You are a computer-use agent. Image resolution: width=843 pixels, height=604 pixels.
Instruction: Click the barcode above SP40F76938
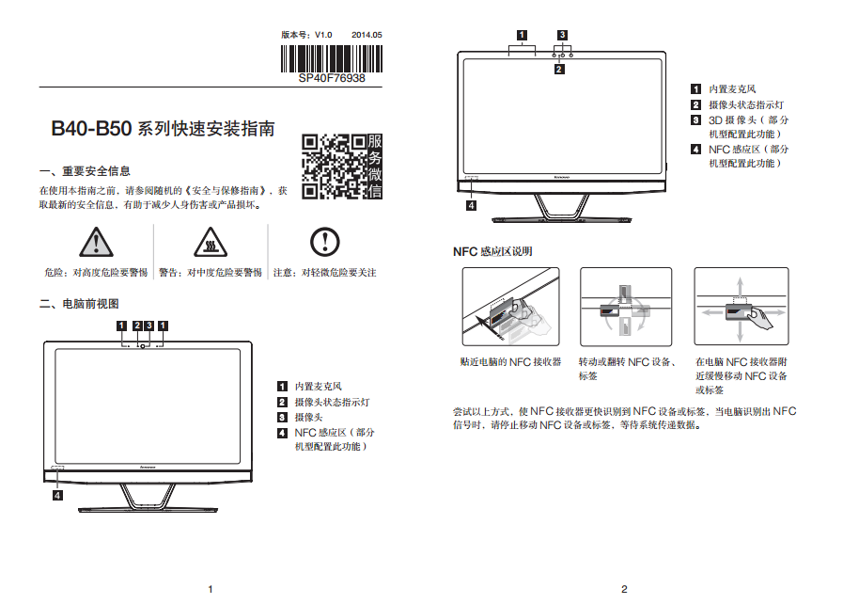tap(331, 58)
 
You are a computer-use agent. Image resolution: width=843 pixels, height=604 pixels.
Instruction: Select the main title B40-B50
tap(91, 129)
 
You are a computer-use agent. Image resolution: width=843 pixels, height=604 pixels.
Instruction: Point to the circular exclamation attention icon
tap(325, 242)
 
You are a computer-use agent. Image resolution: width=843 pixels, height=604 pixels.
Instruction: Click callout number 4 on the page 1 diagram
tap(57, 495)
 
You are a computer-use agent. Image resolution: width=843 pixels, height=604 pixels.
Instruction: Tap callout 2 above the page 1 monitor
tap(137, 326)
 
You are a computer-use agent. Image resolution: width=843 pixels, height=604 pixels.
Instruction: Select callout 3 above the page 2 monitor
tap(562, 35)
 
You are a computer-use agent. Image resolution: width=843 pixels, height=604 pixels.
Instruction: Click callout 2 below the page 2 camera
tap(559, 70)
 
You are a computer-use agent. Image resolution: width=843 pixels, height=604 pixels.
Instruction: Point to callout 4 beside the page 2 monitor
tap(471, 206)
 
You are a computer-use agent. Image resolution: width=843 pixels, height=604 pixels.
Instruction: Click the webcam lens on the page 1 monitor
tap(143, 346)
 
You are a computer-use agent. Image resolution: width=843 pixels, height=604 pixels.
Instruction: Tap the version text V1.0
tap(323, 35)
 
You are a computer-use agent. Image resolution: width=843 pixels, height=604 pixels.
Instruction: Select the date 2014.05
tap(367, 35)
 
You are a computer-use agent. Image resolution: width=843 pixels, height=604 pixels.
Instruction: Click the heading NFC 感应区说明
tap(492, 251)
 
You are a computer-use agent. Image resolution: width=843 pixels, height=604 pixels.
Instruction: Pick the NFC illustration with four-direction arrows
tap(742, 307)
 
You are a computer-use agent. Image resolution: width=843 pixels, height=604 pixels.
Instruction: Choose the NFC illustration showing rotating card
tap(626, 307)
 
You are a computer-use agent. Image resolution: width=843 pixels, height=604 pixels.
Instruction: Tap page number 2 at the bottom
tap(624, 590)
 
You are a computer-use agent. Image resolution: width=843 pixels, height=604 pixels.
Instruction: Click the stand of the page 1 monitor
tap(148, 498)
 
